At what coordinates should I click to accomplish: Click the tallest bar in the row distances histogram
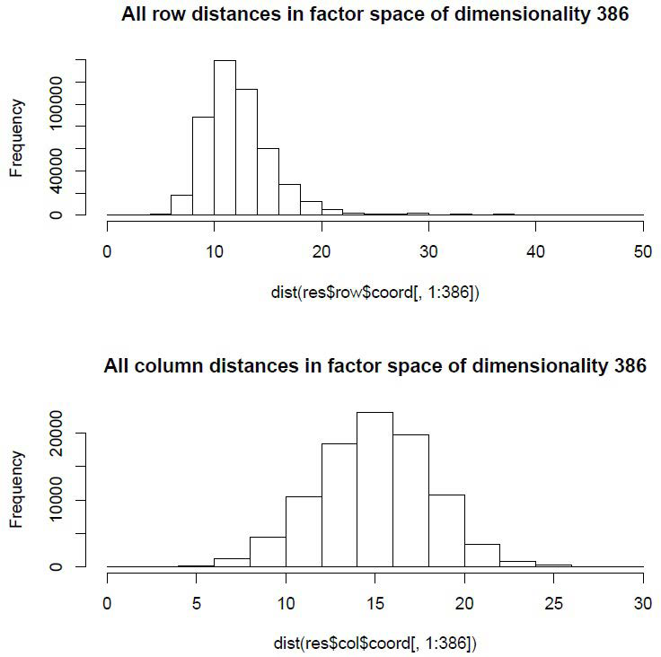pyautogui.click(x=225, y=139)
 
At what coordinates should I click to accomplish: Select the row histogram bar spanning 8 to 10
pyautogui.click(x=203, y=166)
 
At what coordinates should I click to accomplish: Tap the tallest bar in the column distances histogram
pyautogui.click(x=375, y=489)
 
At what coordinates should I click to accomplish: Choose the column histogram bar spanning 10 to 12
pyautogui.click(x=304, y=531)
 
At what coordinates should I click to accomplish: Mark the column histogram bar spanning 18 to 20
pyautogui.click(x=446, y=530)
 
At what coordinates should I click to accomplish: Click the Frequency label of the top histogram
pyautogui.click(x=16, y=137)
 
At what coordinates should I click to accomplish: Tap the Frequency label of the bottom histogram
pyautogui.click(x=16, y=489)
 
